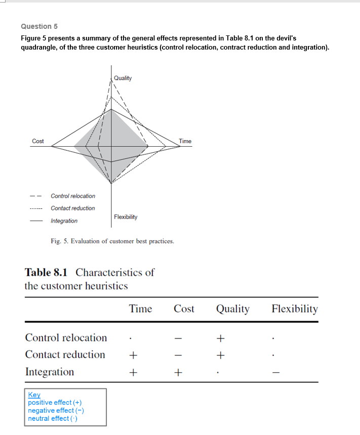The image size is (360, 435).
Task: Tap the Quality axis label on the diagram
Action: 123,78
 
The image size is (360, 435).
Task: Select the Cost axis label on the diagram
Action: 38,141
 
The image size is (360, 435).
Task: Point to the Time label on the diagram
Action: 185,141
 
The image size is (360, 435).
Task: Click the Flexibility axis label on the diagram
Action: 126,217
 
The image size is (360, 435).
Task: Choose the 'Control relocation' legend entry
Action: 73,196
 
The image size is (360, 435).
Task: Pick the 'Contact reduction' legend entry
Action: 73,208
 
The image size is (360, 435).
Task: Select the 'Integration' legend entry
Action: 64,221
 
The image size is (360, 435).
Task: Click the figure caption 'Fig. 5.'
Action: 60,241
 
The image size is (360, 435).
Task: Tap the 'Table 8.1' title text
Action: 46,273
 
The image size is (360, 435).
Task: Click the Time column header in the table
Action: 140,309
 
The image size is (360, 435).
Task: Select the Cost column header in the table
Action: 184,309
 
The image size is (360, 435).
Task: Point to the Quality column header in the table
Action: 232,309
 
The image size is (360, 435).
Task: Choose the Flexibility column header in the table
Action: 295,309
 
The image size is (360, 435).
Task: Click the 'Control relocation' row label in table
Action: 66,337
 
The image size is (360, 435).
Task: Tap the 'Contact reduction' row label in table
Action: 65,355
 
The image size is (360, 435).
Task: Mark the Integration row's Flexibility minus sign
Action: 275,373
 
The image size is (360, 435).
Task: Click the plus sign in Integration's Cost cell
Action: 178,373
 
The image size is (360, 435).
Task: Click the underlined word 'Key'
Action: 34,395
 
